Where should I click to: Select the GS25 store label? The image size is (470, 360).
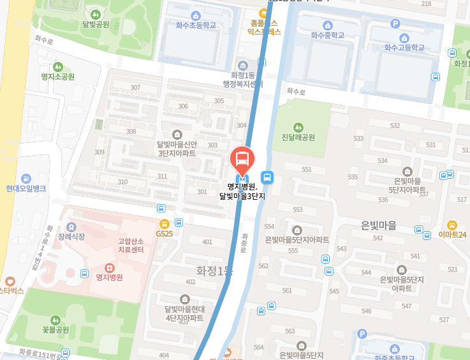[x=165, y=233]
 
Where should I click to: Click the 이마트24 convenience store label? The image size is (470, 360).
[x=452, y=234]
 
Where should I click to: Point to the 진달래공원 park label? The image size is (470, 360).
[x=298, y=137]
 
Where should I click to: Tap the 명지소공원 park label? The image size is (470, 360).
[x=58, y=76]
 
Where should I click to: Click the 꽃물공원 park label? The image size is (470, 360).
[x=55, y=329]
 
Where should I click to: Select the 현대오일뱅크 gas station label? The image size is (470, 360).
[x=26, y=188]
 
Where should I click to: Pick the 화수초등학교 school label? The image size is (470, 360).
[x=196, y=25]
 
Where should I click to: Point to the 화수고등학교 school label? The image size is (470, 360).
[x=404, y=47]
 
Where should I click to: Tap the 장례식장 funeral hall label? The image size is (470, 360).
[x=71, y=236]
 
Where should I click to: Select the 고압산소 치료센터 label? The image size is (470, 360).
[x=131, y=245]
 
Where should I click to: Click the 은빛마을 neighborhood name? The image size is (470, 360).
[x=379, y=225]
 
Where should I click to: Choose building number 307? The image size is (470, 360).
[x=135, y=87]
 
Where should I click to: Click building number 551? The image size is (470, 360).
[x=307, y=169]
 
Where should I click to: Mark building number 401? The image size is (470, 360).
[x=207, y=242]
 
